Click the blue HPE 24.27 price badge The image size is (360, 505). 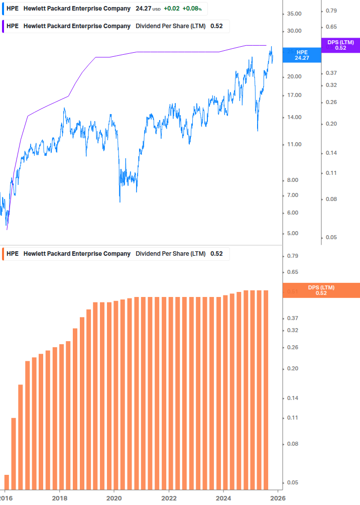pos(301,55)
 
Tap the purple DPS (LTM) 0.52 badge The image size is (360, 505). pos(340,45)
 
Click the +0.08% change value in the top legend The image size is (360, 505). pos(193,9)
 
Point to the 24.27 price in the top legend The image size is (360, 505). pos(143,9)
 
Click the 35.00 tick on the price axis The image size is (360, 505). pos(294,14)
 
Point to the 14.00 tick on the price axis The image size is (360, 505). pos(294,118)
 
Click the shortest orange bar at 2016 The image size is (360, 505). pos(7,481)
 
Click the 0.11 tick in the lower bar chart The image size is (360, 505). pos(293,418)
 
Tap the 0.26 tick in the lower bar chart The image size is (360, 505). pos(293,348)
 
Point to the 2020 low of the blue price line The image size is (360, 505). pos(119,201)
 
